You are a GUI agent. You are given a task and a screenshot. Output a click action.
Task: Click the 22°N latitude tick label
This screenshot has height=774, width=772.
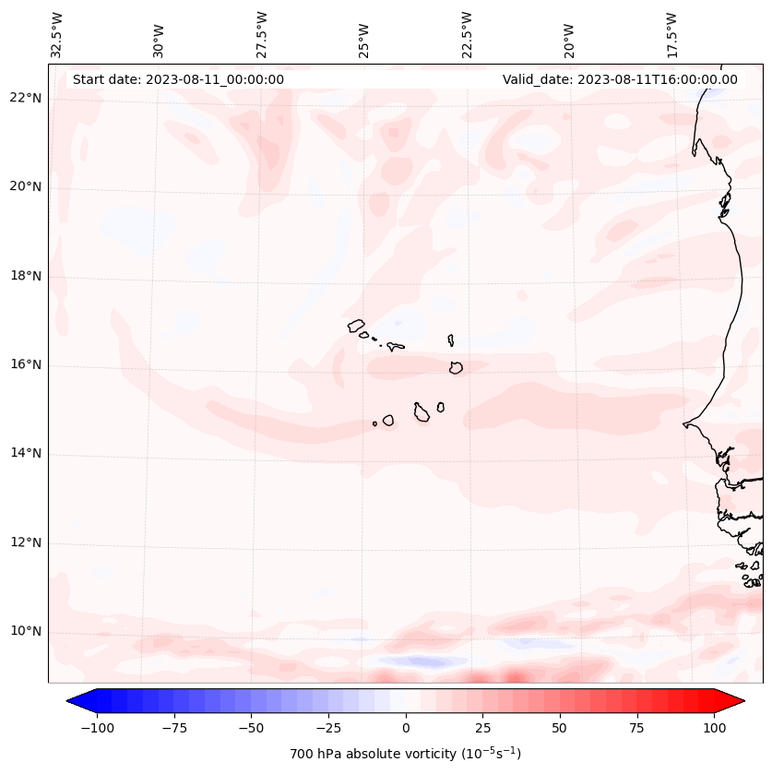pyautogui.click(x=26, y=99)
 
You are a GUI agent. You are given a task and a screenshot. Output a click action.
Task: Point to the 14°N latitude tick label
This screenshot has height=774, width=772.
pyautogui.click(x=26, y=454)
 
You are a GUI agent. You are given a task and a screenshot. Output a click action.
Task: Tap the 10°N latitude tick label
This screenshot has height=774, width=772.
pyautogui.click(x=26, y=632)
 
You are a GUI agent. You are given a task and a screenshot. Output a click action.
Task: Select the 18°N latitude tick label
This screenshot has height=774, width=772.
pyautogui.click(x=26, y=276)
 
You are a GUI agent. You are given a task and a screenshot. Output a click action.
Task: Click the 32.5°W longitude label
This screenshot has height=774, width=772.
pyautogui.click(x=57, y=34)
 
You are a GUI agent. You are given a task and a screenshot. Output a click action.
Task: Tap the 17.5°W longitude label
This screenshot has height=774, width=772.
pyautogui.click(x=671, y=34)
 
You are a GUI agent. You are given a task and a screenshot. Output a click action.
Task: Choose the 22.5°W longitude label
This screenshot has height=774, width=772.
pyautogui.click(x=467, y=34)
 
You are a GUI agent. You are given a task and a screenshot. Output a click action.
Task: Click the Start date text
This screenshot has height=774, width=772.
pyautogui.click(x=178, y=79)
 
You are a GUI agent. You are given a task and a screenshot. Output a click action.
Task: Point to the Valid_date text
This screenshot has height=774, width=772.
pyautogui.click(x=620, y=79)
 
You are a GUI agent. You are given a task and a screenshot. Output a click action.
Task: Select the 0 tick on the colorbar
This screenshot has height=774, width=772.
pyautogui.click(x=406, y=728)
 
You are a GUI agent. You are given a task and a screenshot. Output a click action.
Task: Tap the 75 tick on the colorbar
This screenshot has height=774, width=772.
pyautogui.click(x=637, y=728)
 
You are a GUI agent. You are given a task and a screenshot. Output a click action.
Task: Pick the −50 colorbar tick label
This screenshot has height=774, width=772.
pyautogui.click(x=251, y=728)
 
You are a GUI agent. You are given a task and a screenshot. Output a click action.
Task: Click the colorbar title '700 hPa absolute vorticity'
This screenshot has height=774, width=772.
pyautogui.click(x=406, y=754)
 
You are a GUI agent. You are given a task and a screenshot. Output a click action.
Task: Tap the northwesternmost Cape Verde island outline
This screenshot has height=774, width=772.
pyautogui.click(x=356, y=325)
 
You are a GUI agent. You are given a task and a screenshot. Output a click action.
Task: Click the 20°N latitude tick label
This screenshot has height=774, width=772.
pyautogui.click(x=26, y=187)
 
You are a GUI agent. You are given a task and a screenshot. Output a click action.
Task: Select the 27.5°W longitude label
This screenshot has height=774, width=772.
pyautogui.click(x=262, y=34)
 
